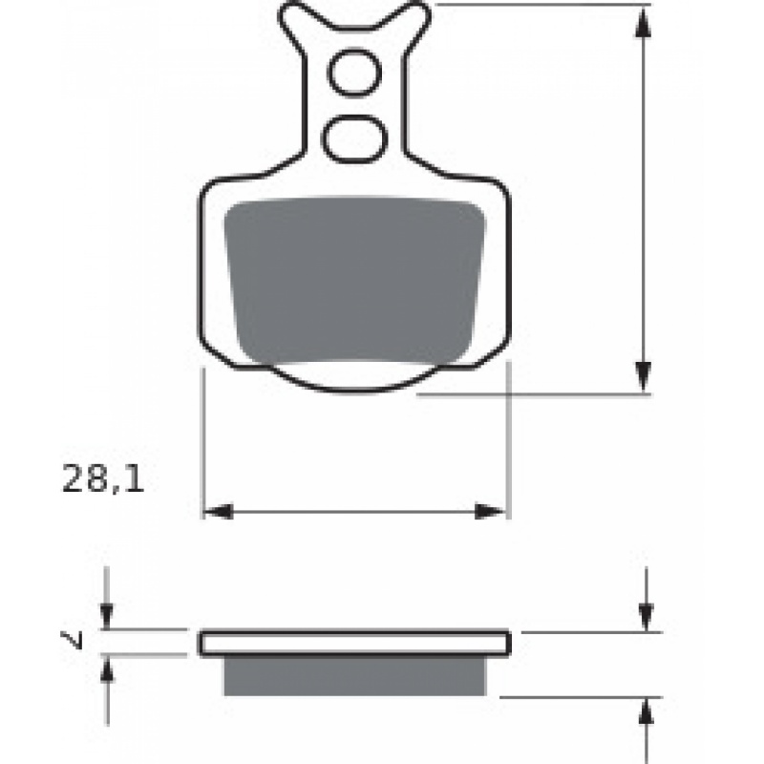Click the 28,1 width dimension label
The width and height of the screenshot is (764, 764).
tap(103, 478)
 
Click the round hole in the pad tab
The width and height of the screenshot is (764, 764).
tap(354, 73)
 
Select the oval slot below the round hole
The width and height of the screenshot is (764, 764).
tap(354, 138)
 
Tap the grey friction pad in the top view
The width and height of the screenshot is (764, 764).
tap(354, 281)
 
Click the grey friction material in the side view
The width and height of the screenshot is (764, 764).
tap(354, 676)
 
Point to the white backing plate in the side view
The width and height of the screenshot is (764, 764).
tap(354, 643)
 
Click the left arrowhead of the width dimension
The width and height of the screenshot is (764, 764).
tap(218, 512)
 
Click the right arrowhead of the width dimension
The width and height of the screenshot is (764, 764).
tap(490, 512)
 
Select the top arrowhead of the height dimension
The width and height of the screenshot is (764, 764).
tap(644, 22)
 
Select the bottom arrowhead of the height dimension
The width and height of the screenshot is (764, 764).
tap(644, 377)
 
